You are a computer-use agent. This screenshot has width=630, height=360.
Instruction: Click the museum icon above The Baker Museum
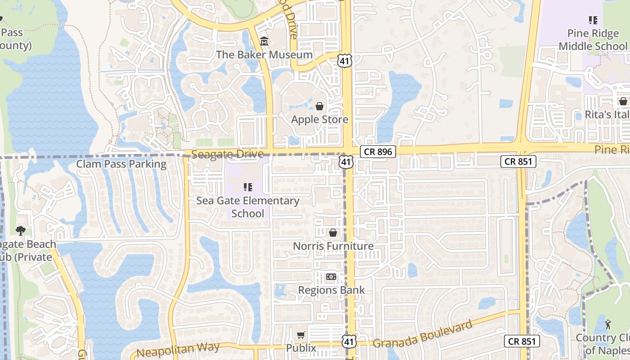click(264, 41)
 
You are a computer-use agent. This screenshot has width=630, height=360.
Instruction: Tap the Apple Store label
click(319, 119)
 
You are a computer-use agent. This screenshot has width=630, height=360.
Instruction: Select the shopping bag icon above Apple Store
click(319, 106)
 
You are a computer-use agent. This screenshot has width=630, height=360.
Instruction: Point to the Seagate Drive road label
click(227, 154)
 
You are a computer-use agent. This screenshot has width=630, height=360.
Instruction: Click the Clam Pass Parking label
click(121, 164)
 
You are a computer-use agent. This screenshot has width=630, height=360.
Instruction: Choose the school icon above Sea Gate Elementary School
click(247, 187)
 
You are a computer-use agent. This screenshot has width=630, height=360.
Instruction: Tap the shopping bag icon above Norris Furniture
click(333, 233)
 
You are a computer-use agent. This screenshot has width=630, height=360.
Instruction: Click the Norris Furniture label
click(333, 246)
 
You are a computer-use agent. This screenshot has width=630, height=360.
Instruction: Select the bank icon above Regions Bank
click(331, 277)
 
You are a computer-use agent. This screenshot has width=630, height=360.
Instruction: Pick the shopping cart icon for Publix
click(301, 335)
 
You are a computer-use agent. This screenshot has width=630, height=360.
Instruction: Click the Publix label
click(301, 348)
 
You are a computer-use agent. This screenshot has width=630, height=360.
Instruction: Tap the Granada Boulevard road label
click(423, 334)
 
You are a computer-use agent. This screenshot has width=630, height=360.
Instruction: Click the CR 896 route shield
click(378, 152)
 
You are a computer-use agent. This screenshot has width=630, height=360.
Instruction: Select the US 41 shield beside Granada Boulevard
click(349, 342)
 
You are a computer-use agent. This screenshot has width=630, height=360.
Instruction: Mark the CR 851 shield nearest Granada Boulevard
click(522, 341)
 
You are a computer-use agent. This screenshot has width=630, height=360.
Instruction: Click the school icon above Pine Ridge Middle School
click(593, 20)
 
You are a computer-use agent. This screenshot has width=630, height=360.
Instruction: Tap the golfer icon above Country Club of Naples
click(608, 324)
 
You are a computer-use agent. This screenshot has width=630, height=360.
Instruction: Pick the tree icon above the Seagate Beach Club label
click(20, 231)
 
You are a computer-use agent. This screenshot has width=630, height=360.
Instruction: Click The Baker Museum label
click(264, 54)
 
